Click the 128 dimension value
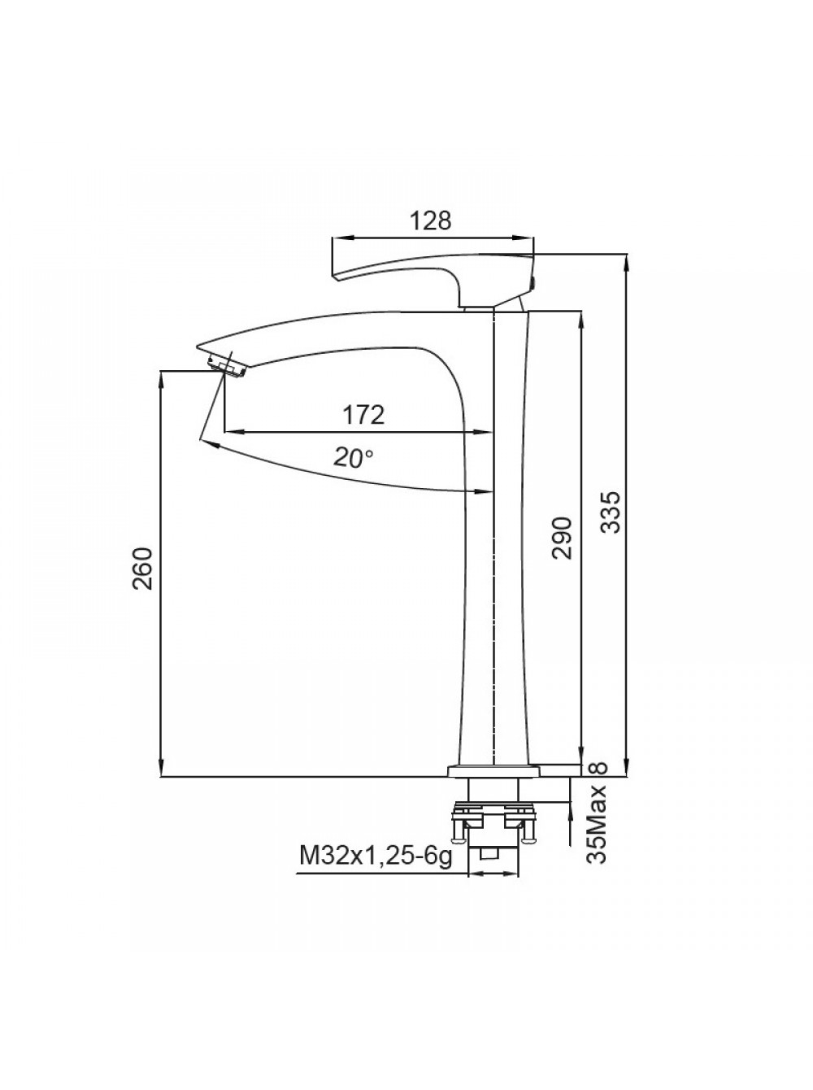(431, 220)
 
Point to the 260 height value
(143, 568)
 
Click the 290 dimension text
(563, 538)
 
